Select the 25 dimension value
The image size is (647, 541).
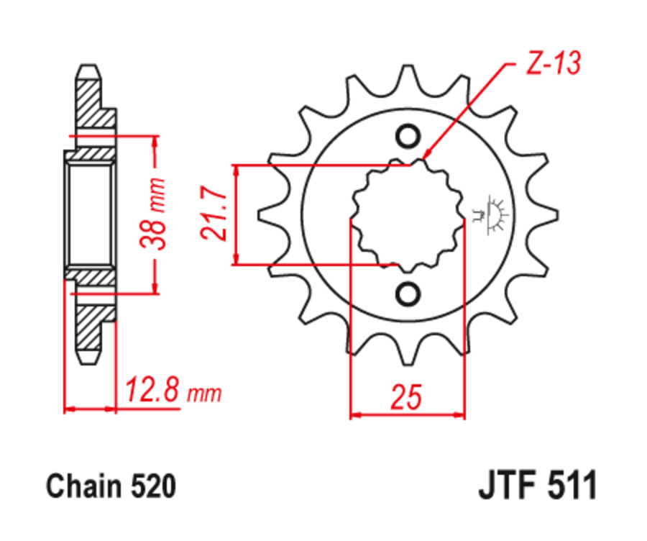pyautogui.click(x=406, y=396)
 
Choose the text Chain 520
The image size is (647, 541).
pyautogui.click(x=111, y=487)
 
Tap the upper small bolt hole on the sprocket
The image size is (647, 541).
pyautogui.click(x=408, y=136)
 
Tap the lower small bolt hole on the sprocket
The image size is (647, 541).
pyautogui.click(x=408, y=293)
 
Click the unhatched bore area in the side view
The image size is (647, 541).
pyautogui.click(x=90, y=214)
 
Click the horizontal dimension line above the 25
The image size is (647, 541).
pyautogui.click(x=408, y=415)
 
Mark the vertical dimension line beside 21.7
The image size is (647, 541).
pyautogui.click(x=237, y=214)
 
